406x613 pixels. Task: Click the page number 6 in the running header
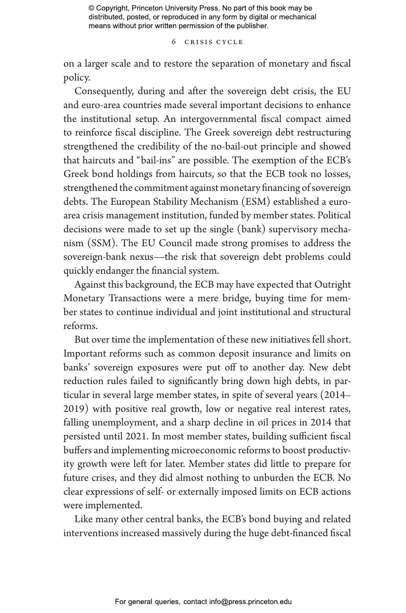click(174, 42)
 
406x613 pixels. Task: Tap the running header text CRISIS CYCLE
click(214, 42)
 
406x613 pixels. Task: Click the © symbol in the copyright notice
click(91, 8)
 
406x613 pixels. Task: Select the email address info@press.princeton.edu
click(250, 601)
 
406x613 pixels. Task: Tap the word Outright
click(332, 285)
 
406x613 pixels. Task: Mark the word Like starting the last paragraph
click(84, 519)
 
